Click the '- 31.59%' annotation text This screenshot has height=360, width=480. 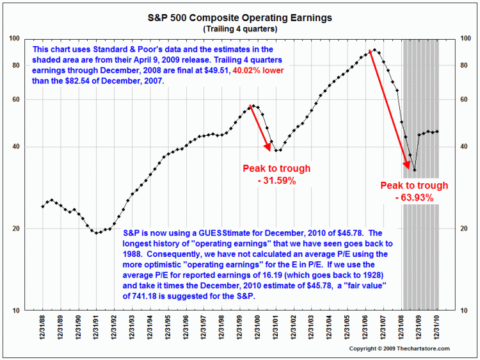pos(276,181)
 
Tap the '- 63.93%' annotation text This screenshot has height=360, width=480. pos(414,198)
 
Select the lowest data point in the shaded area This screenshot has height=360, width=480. pos(415,170)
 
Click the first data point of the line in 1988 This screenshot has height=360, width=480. pos(42,206)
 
